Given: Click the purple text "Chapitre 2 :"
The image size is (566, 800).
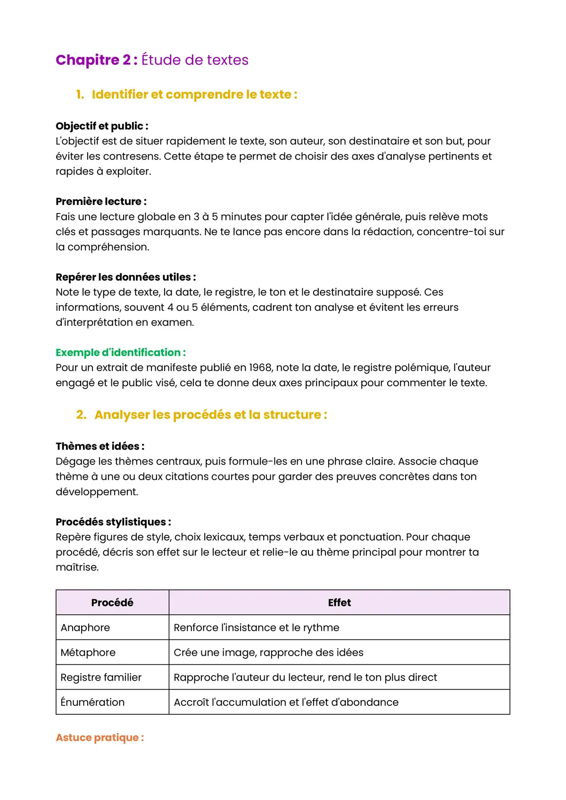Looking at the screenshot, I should [96, 60].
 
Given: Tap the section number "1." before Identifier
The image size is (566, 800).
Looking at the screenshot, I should [80, 94].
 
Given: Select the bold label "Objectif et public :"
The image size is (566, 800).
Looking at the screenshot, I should [102, 126].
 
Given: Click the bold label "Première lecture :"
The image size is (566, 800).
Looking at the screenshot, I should [101, 201].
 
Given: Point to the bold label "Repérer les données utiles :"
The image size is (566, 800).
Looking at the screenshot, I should [125, 277].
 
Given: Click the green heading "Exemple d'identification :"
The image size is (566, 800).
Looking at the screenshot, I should [120, 352].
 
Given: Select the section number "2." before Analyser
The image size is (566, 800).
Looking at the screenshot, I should [81, 415].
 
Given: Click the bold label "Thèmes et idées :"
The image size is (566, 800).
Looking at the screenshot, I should [100, 446].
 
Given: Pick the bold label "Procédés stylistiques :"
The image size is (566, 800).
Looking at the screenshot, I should [113, 522].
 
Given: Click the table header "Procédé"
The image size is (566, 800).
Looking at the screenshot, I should [112, 603].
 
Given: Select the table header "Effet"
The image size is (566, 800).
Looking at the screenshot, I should [339, 603].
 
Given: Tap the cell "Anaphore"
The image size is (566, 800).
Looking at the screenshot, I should [85, 628].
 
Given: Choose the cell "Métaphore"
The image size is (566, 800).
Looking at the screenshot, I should [88, 653].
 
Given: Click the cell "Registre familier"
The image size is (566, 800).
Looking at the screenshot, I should [101, 678].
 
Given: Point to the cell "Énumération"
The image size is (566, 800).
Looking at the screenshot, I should [92, 702].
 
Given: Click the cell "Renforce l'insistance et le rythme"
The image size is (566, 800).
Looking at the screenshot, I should [256, 628].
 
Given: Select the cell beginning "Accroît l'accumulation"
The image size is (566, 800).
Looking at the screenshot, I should [286, 702].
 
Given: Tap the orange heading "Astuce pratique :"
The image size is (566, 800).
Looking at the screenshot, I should [100, 737].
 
